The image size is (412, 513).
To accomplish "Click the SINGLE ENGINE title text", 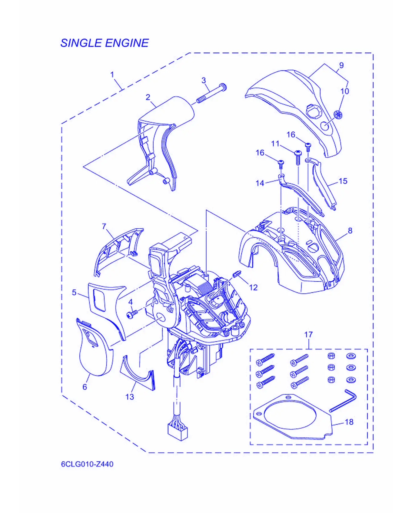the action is pos(105,43).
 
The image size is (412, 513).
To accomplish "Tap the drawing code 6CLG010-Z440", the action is pos(87,464).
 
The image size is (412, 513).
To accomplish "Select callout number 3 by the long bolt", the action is pos(204,80).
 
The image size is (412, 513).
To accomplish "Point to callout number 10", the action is pos(345,91).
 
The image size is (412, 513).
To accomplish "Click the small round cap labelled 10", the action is pos(338,115).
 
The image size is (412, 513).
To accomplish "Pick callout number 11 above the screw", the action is pos(275,144).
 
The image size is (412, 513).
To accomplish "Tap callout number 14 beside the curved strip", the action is pos(260,183).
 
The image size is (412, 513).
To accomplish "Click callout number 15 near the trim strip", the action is pos(343,181).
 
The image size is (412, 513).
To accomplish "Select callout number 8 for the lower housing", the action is pos(350,231).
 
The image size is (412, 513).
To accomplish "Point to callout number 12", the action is pos(253,287).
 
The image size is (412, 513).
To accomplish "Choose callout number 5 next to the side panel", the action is pos(74,293).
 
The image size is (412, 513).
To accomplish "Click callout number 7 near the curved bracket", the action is pos(104,226).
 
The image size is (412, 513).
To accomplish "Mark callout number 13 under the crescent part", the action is pos(130,397).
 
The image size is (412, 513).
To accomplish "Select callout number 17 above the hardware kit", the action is pos(308,335).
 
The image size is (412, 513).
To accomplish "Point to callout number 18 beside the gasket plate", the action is pos(349,422).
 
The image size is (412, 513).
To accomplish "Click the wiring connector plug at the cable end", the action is pos(178,432).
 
